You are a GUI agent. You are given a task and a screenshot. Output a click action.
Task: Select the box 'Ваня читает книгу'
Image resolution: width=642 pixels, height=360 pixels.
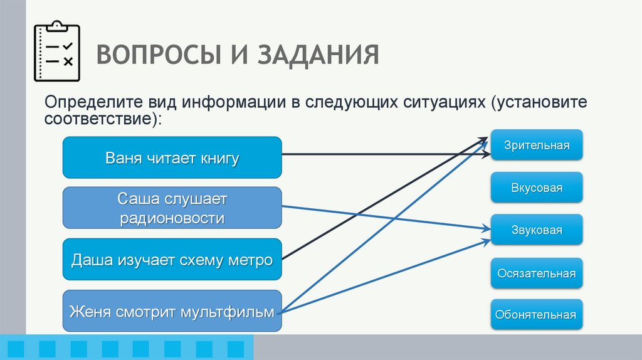[x=172, y=157]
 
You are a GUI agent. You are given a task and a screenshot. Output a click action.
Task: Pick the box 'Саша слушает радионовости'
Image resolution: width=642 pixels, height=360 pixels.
[x=172, y=208]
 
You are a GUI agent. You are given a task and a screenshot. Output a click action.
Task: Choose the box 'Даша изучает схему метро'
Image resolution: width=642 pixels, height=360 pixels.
[x=172, y=259]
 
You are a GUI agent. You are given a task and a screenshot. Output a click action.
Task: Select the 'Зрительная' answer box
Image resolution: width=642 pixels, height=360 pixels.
[x=537, y=146]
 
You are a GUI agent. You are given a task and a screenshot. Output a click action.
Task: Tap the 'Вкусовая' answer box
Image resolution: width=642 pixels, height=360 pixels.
[x=537, y=188]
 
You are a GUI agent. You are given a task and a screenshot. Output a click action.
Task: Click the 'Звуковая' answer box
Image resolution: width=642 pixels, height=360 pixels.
[x=537, y=230]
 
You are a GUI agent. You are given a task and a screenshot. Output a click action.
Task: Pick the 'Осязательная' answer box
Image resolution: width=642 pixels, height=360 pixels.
[x=537, y=273]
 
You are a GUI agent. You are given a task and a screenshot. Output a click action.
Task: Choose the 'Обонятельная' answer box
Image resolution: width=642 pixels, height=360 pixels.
[x=537, y=315]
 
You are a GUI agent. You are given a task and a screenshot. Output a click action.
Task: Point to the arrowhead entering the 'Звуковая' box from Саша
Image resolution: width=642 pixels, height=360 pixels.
[x=486, y=229]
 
